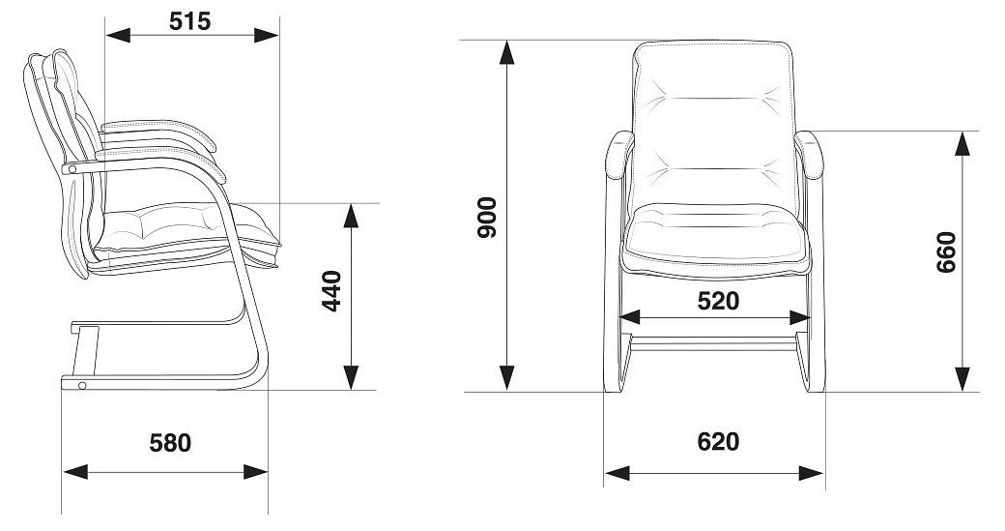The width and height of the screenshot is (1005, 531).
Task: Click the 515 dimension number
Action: [x=189, y=21]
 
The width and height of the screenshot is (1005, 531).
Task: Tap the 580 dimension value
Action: [x=170, y=443]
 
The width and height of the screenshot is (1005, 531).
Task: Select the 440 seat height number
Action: [x=331, y=291]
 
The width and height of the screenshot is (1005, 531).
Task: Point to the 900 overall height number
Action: [x=487, y=218]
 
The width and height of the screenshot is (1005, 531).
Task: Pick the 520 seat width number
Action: [x=718, y=301]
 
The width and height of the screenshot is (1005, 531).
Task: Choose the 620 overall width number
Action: [x=718, y=441]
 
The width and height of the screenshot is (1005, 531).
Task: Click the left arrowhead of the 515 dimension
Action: [x=117, y=35]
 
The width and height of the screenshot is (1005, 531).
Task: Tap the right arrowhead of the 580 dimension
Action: [x=256, y=472]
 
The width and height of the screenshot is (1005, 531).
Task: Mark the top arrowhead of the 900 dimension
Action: [x=507, y=52]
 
